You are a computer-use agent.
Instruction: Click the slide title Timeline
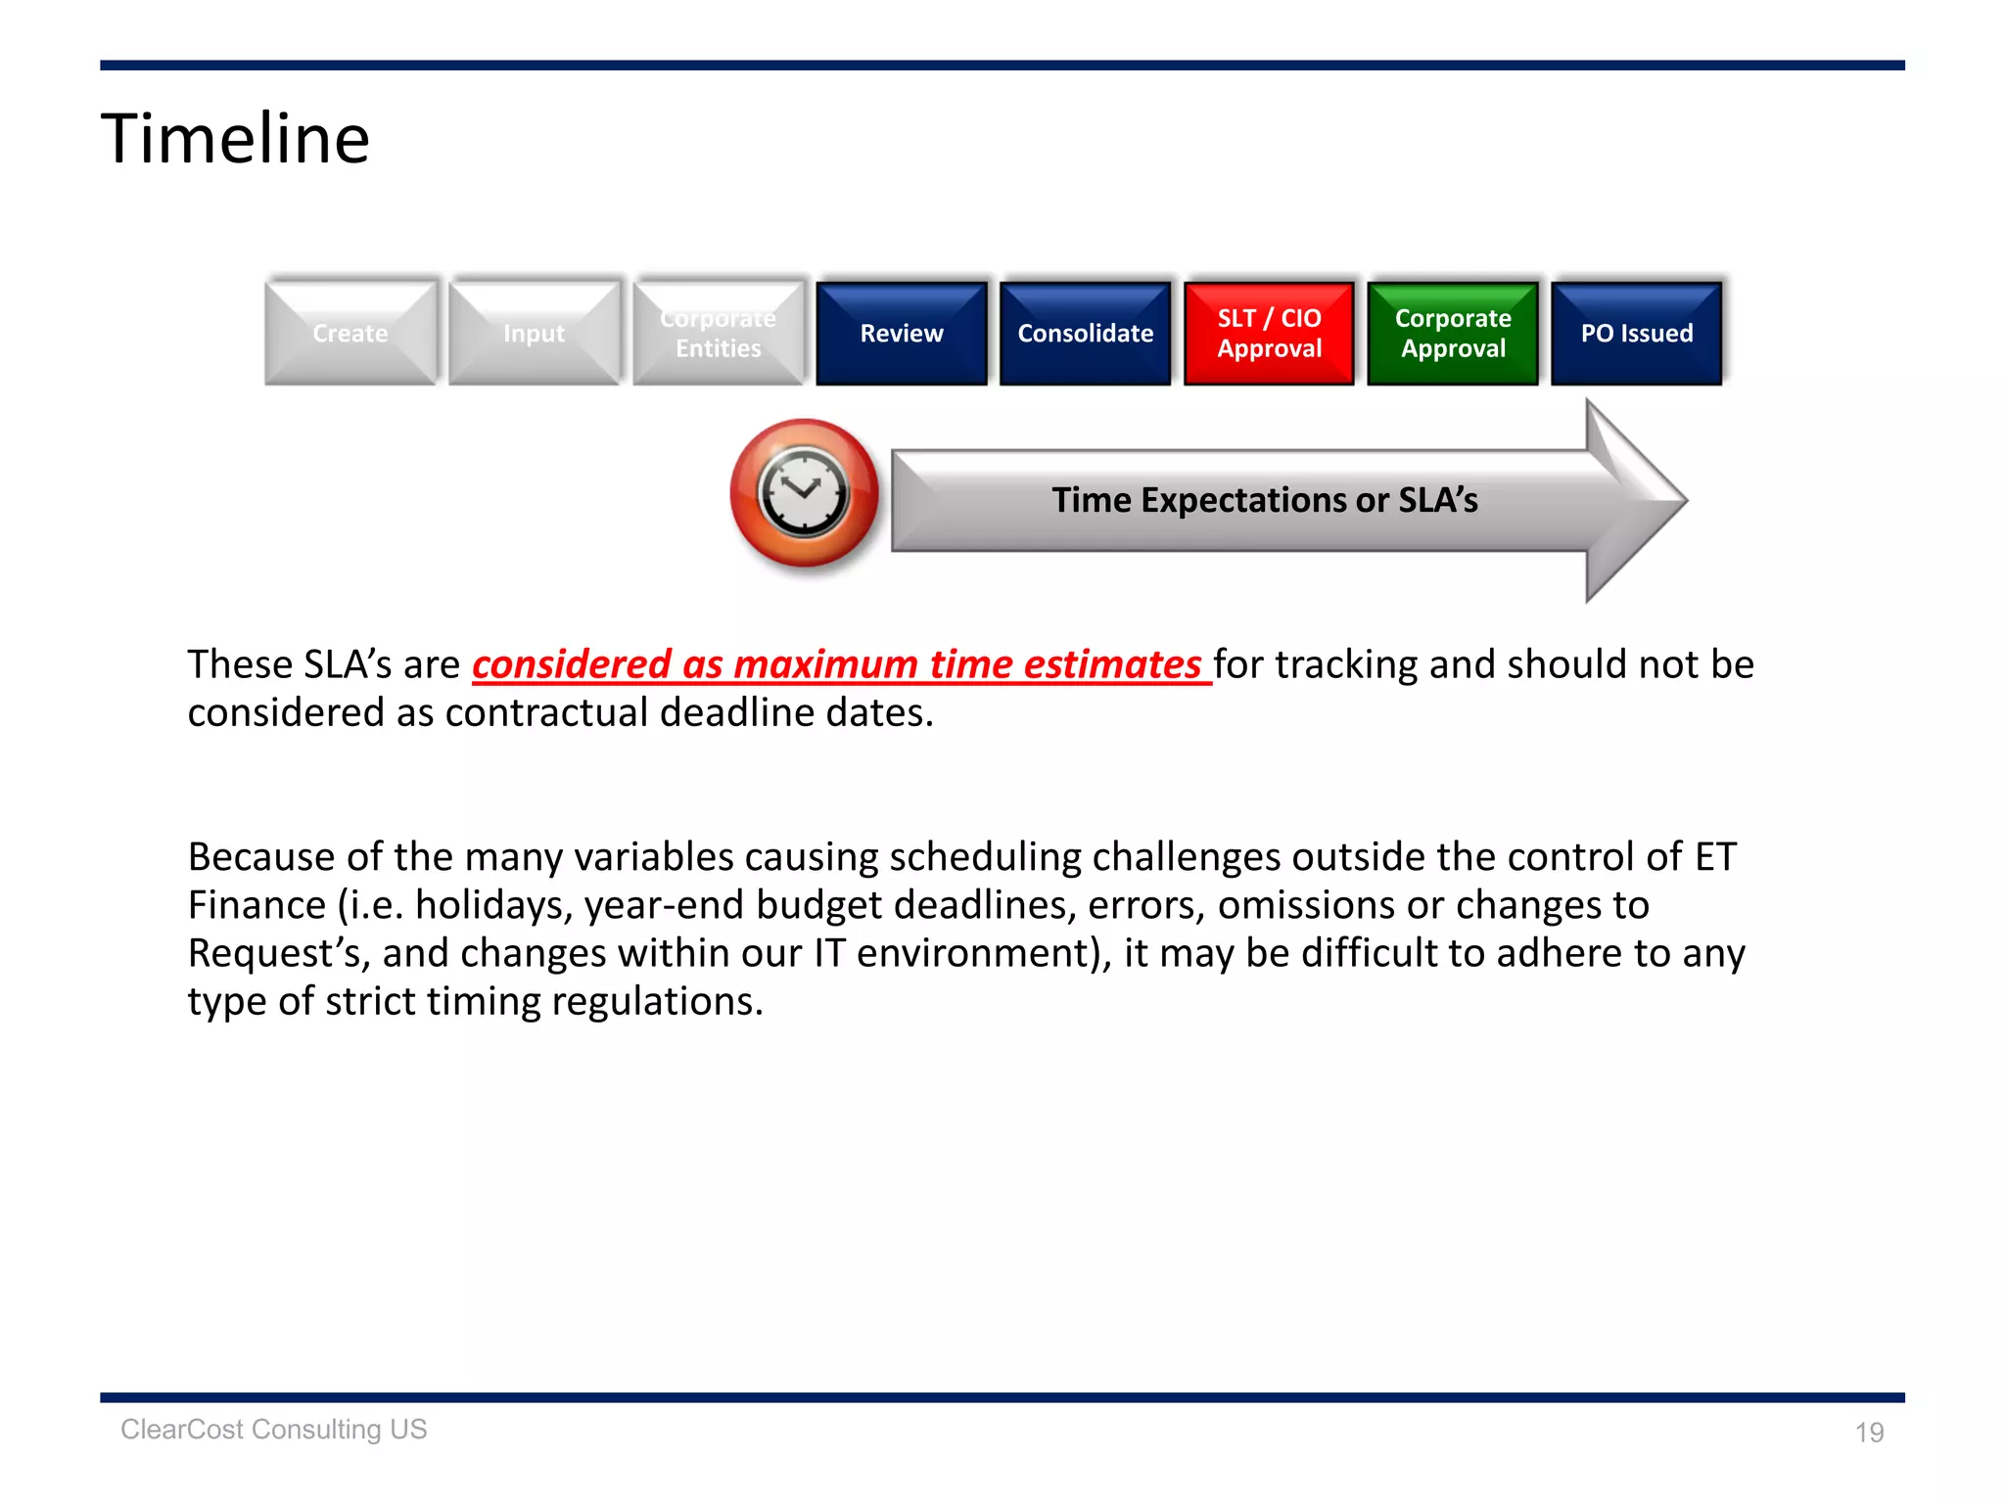pyautogui.click(x=235, y=139)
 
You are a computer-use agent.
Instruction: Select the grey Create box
pyautogui.click(x=350, y=334)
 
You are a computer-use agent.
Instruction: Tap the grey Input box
pyautogui.click(x=534, y=334)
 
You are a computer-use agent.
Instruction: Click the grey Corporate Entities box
pyautogui.click(x=718, y=334)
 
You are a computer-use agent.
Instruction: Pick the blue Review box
pyautogui.click(x=901, y=334)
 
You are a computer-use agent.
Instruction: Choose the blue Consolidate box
pyautogui.click(x=1085, y=334)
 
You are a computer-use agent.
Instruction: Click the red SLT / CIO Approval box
pyautogui.click(x=1269, y=334)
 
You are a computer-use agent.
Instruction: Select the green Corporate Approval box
pyautogui.click(x=1453, y=334)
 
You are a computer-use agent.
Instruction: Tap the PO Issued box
pyautogui.click(x=1636, y=334)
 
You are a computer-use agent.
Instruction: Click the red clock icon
pyautogui.click(x=804, y=493)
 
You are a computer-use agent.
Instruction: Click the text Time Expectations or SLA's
pyautogui.click(x=1264, y=500)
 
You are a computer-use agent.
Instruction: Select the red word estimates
pyautogui.click(x=1112, y=664)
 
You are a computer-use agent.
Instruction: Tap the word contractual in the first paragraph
pyautogui.click(x=545, y=713)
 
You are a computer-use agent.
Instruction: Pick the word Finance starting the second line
pyautogui.click(x=256, y=905)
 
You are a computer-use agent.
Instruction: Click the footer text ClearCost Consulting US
pyautogui.click(x=274, y=1430)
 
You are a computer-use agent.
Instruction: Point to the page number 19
pyautogui.click(x=1869, y=1433)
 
